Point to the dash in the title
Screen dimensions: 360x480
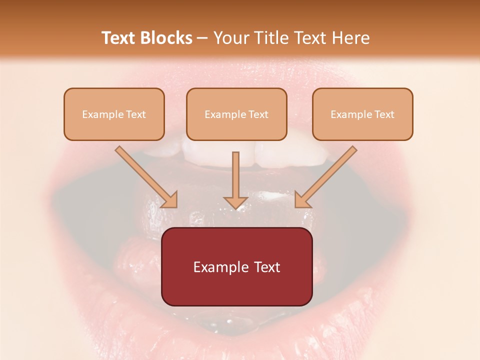click(202, 38)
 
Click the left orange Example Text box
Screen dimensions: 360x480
click(114, 114)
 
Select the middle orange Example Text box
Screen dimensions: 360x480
click(236, 114)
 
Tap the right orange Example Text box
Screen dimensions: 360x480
click(362, 114)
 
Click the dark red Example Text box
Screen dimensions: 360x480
click(236, 266)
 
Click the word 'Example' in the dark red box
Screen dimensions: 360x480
click(216, 267)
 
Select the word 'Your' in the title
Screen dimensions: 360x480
click(229, 38)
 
